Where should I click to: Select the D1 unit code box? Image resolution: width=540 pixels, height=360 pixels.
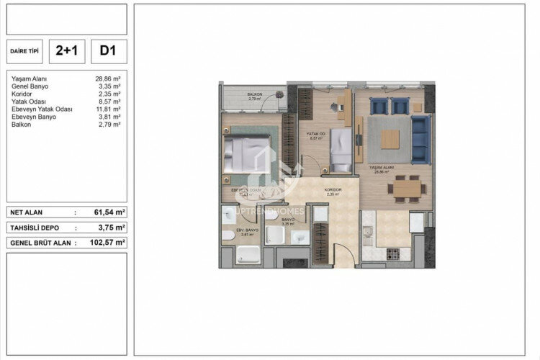(109, 51)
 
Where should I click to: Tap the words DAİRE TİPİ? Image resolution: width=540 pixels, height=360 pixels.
(25, 52)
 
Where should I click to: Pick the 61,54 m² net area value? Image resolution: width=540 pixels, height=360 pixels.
(109, 213)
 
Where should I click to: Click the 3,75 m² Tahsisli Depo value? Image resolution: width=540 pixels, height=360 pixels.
(112, 228)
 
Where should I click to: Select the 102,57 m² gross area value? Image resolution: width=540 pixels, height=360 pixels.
(109, 243)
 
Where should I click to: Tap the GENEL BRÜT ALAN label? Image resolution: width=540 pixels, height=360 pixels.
(40, 243)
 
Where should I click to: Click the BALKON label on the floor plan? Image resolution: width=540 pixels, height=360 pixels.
(253, 95)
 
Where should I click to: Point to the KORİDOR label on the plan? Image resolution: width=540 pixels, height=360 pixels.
(332, 190)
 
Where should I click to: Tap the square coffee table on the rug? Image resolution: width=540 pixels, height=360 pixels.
(390, 138)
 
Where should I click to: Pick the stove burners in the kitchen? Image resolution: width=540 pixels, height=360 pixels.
(393, 253)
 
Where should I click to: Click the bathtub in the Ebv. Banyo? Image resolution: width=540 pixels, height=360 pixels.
(248, 255)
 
